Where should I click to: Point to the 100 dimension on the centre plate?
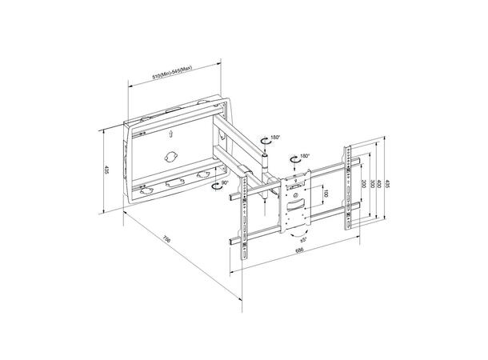pyautogui.click(x=326, y=194)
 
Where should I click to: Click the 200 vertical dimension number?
pyautogui.click(x=362, y=183)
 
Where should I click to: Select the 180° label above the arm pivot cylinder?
pyautogui.click(x=276, y=138)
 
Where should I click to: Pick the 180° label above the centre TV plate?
pyautogui.click(x=305, y=158)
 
